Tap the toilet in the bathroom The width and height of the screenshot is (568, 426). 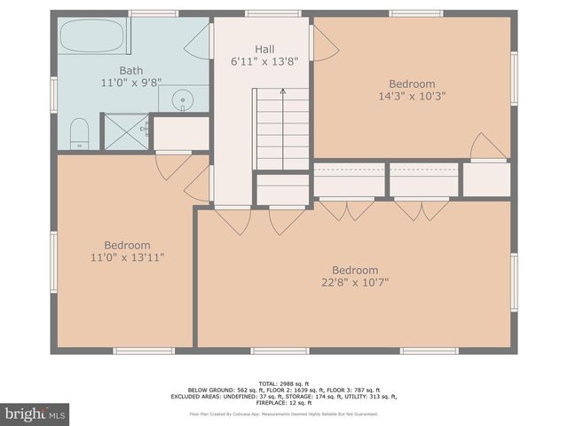point(79,132)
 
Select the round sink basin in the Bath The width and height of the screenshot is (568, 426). point(184,99)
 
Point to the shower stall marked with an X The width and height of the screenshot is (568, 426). point(126,130)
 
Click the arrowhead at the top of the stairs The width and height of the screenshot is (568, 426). point(283,91)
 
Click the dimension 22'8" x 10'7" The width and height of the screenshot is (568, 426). point(355,283)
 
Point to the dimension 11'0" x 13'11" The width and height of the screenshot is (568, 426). point(127,257)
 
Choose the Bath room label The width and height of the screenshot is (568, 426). point(131,70)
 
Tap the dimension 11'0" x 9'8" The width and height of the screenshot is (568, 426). point(131,83)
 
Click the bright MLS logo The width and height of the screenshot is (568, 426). point(36,414)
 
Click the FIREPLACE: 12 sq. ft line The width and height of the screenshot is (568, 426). point(284,402)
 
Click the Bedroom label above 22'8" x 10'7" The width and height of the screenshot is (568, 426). point(355,271)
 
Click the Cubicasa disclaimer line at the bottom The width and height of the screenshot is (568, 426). point(284,414)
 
